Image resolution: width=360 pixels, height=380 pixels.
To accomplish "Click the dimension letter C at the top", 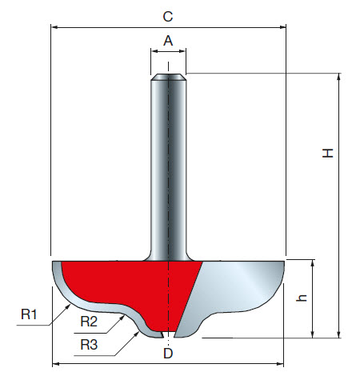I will [x=167, y=15].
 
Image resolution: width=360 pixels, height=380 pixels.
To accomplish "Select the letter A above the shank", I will [x=168, y=39].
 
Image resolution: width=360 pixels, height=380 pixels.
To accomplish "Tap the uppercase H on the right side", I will [x=328, y=154].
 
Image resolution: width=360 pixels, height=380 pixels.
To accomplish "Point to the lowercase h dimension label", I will [x=302, y=298].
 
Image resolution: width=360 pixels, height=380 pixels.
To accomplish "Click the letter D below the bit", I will [x=167, y=352].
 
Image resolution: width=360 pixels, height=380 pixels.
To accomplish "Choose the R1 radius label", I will [x=30, y=314].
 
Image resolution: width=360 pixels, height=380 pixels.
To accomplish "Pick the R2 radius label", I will [x=90, y=322].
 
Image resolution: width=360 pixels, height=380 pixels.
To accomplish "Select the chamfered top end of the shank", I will [x=169, y=78].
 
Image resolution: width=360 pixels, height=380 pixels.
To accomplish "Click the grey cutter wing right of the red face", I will [x=240, y=288].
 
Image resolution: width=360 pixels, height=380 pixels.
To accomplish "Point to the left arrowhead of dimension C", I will [x=54, y=26].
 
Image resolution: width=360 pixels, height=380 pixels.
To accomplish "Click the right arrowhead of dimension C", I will [x=282, y=26].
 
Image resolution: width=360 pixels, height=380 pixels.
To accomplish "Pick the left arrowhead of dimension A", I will [x=153, y=53].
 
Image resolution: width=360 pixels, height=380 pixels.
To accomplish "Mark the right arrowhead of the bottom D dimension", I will [x=282, y=364].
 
